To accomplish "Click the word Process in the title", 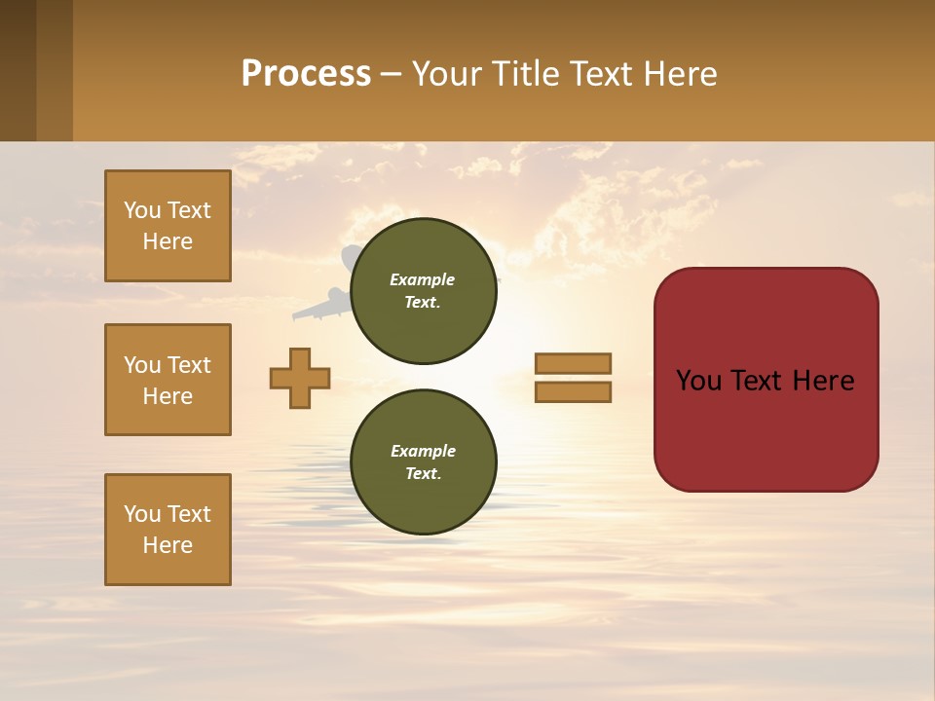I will tap(306, 74).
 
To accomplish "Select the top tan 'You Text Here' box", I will tap(168, 226).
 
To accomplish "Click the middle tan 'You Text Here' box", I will tap(168, 380).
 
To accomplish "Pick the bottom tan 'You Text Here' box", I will tap(168, 530).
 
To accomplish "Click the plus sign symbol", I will tap(300, 379).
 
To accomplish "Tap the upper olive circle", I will tap(424, 291).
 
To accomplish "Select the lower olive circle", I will tap(424, 461).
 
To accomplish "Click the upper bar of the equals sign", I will tap(573, 363).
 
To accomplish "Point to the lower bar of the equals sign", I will tap(573, 392).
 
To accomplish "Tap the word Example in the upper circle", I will tap(423, 279).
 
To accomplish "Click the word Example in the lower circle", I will tap(423, 451).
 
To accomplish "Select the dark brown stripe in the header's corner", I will tap(18, 70).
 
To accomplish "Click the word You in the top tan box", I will tap(141, 210).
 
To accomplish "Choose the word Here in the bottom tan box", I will tap(168, 545).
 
